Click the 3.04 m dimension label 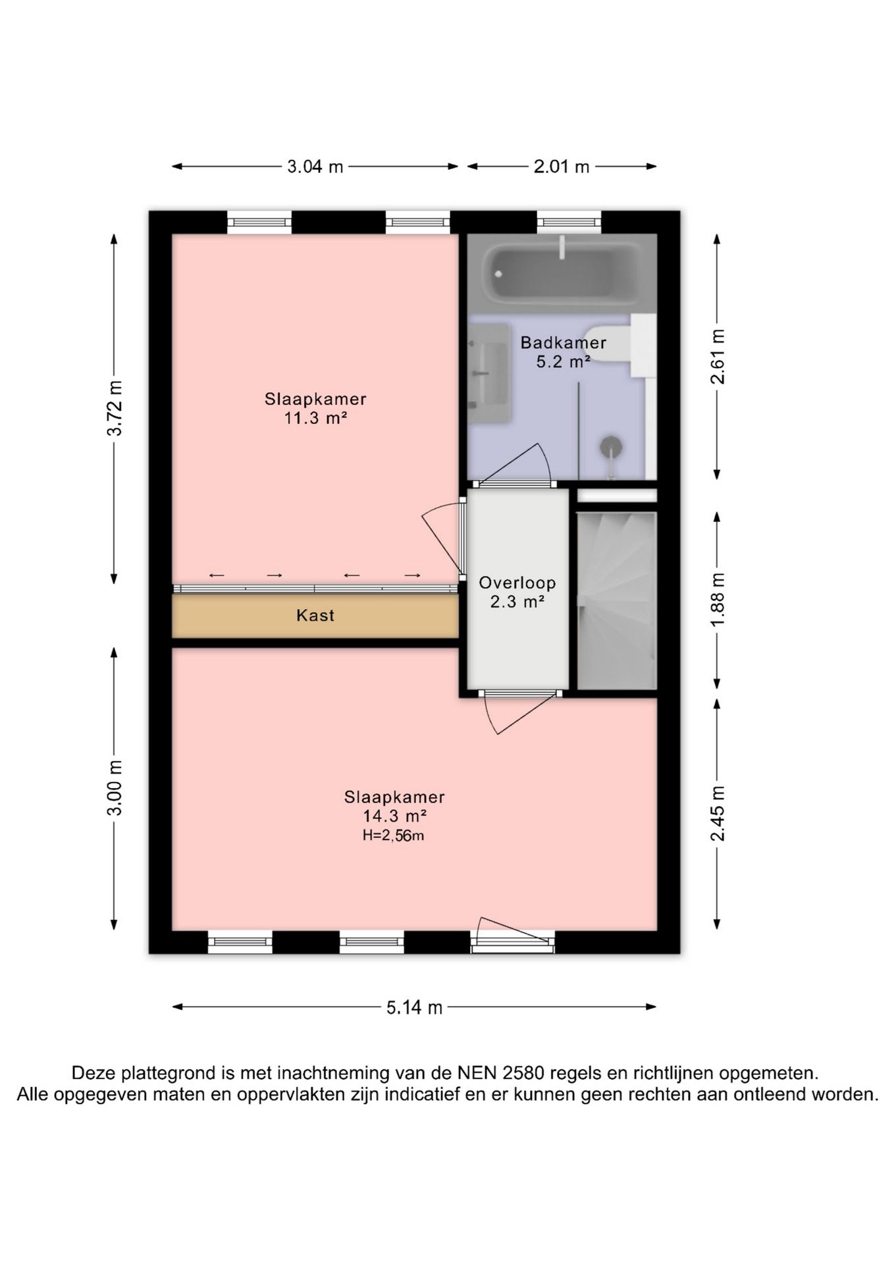tap(315, 167)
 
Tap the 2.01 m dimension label tap(562, 167)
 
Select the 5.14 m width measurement tap(414, 1007)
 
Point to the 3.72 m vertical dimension tap(115, 408)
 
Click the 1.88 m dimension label tap(718, 600)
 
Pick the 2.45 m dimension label tap(718, 814)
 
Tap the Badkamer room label tap(563, 342)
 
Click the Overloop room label tap(517, 583)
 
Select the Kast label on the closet tap(315, 616)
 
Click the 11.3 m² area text tap(315, 418)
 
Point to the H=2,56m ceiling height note tap(393, 836)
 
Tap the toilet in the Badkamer tap(609, 342)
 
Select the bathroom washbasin tap(489, 373)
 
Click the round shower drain tap(612, 446)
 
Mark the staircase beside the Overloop tap(617, 600)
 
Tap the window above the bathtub tap(569, 222)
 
